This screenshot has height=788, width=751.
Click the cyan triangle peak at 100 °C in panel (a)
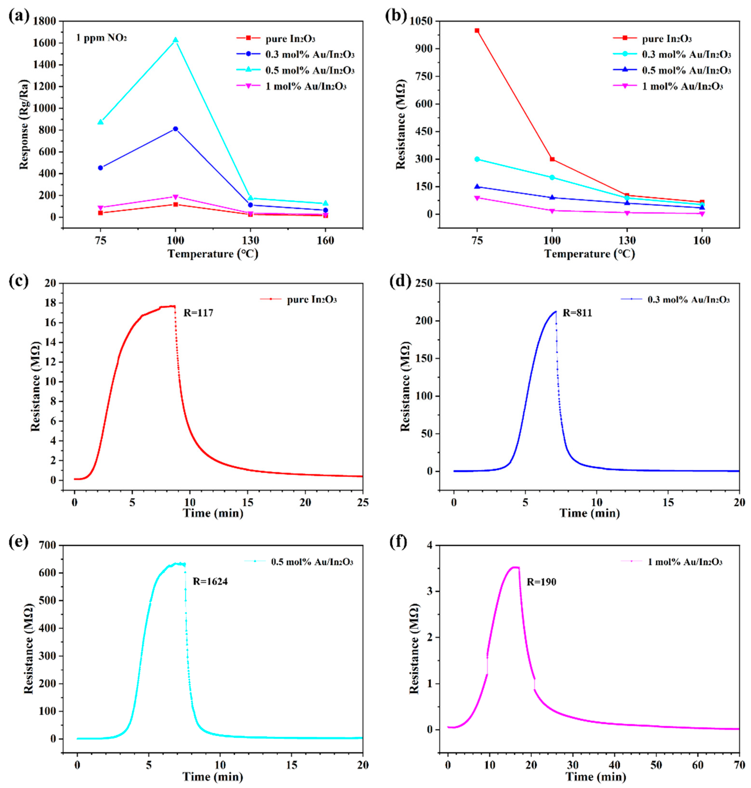pyautogui.click(x=175, y=40)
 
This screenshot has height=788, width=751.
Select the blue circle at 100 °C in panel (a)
pyautogui.click(x=175, y=129)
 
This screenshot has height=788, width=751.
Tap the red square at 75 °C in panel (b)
pyautogui.click(x=477, y=30)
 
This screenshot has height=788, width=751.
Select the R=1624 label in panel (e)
pyautogui.click(x=210, y=581)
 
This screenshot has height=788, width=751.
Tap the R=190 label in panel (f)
pyautogui.click(x=541, y=582)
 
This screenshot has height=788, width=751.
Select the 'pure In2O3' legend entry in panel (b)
pyautogui.click(x=667, y=39)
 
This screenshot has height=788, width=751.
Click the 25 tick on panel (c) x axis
pyautogui.click(x=363, y=502)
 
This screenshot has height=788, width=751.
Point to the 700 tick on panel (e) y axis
pyautogui.click(x=48, y=545)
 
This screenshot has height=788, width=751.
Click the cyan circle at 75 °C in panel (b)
pyautogui.click(x=477, y=159)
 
